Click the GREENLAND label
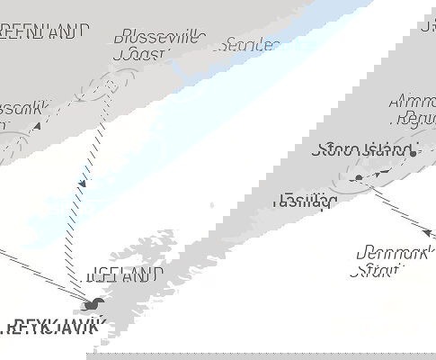pyautogui.click(x=45, y=31)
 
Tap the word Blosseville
pyautogui.click(x=160, y=37)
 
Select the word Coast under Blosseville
pyautogui.click(x=140, y=55)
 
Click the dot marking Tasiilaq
pyautogui.click(x=358, y=178)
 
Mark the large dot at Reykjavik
pyautogui.click(x=93, y=304)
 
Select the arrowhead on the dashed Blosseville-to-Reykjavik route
pyautogui.click(x=83, y=184)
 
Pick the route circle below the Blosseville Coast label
pyautogui.click(x=106, y=87)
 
